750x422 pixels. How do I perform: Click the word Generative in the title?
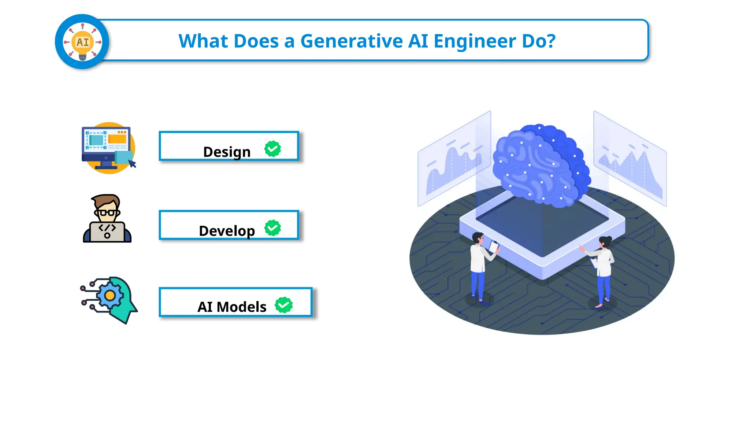click(351, 41)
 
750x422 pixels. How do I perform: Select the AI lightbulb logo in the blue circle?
click(82, 42)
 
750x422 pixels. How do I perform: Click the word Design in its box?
click(227, 152)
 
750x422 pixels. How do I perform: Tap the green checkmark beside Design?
click(273, 149)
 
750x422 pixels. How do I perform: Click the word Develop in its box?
click(227, 231)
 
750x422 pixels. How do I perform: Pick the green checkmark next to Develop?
click(273, 228)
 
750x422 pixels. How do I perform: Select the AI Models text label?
click(232, 307)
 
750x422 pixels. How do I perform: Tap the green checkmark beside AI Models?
click(284, 305)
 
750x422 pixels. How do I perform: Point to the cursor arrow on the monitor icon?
click(132, 164)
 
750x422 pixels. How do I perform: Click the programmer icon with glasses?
click(107, 219)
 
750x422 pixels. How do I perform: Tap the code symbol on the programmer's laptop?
click(107, 228)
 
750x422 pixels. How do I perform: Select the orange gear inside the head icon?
click(109, 295)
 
